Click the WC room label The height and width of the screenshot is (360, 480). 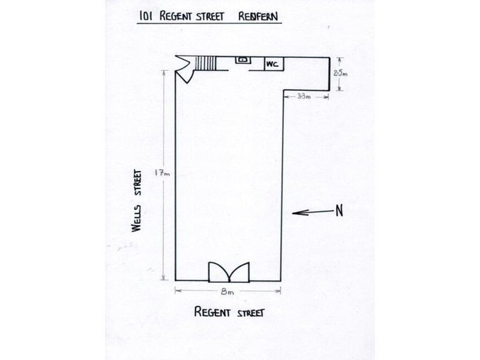pyautogui.click(x=272, y=65)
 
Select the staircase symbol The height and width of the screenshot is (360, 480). pyautogui.click(x=206, y=63)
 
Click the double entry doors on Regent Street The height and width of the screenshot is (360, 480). pyautogui.click(x=229, y=272)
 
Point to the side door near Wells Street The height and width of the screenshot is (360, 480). pyautogui.click(x=185, y=70)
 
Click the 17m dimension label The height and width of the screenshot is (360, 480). pyautogui.click(x=162, y=174)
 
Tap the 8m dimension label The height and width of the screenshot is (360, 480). pyautogui.click(x=228, y=292)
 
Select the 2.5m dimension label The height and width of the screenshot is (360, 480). pyautogui.click(x=340, y=74)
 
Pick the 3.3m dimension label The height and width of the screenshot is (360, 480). pyautogui.click(x=304, y=96)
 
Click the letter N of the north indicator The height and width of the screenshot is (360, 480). pyautogui.click(x=339, y=211)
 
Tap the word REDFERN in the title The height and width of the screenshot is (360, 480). pyautogui.click(x=258, y=17)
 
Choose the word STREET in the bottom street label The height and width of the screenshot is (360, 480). pyautogui.click(x=251, y=313)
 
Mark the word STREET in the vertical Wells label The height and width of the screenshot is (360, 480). pyautogui.click(x=138, y=183)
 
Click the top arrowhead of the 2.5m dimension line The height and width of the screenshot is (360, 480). pyautogui.click(x=340, y=59)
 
